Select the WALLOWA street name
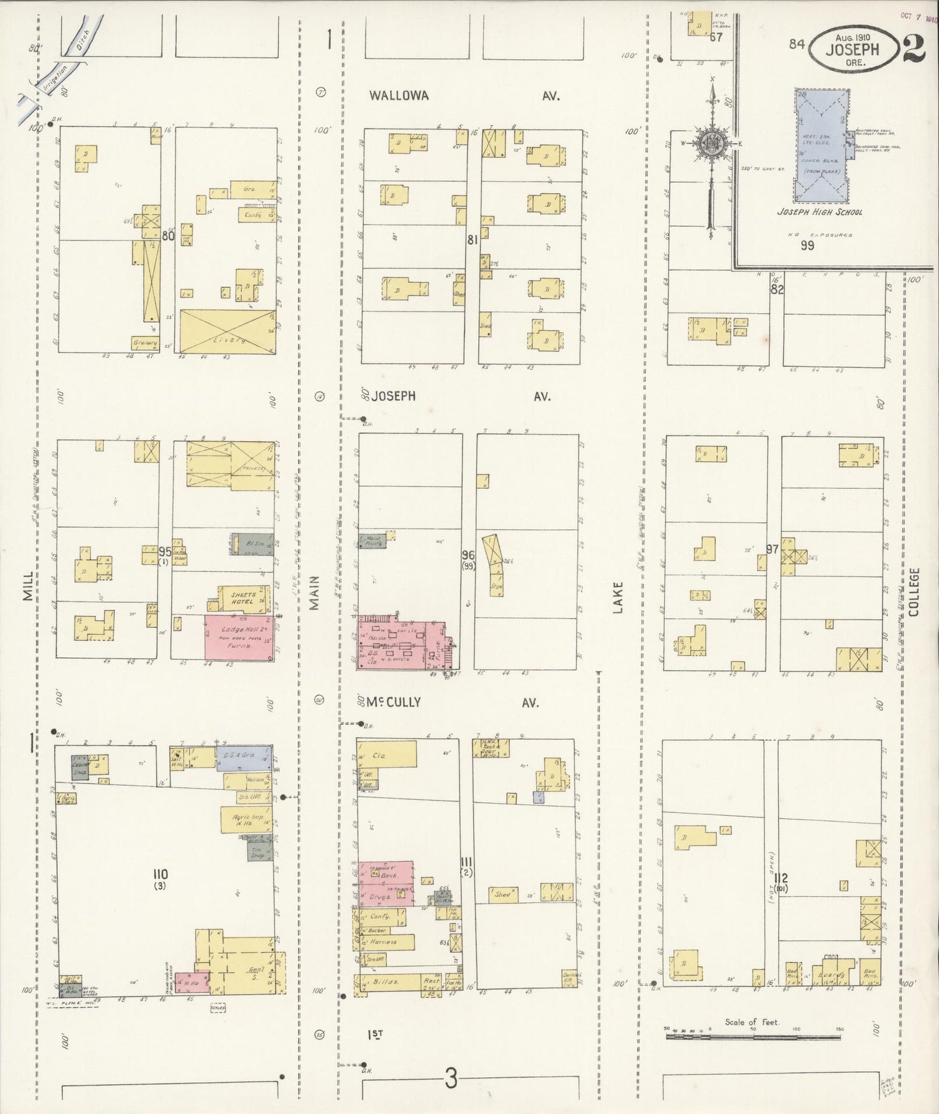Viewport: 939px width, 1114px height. [399, 96]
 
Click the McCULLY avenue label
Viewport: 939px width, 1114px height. [392, 702]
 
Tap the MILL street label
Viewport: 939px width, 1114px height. [28, 586]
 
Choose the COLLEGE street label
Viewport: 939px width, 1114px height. [914, 591]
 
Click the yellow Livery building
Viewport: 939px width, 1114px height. [227, 332]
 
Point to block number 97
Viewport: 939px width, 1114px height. [772, 550]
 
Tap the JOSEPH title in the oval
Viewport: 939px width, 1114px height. [852, 49]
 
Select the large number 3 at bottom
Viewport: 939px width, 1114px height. [451, 1080]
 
